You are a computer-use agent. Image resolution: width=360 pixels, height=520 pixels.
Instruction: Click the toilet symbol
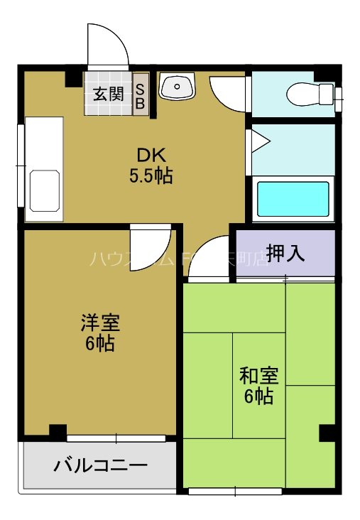point(311,94)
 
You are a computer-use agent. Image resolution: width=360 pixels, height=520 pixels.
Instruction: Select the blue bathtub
point(293,199)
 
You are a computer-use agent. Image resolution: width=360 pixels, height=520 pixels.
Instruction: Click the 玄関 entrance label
point(107,93)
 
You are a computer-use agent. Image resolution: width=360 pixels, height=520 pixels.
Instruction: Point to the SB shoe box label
point(141,95)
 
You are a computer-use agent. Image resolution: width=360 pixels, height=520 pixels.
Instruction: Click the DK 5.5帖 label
point(151,165)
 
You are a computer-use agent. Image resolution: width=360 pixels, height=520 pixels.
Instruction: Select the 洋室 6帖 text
point(99,332)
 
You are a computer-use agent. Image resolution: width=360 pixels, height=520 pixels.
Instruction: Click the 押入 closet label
point(285,253)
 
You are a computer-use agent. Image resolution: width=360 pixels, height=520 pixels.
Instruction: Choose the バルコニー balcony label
point(100,466)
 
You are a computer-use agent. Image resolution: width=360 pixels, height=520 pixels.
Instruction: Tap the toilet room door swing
point(229,92)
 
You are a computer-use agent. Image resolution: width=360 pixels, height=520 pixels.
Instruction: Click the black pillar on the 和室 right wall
point(327,432)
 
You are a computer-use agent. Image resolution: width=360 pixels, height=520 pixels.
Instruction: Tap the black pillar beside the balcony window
point(58,431)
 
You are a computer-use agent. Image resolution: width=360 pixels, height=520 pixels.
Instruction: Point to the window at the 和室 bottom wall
point(235,490)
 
